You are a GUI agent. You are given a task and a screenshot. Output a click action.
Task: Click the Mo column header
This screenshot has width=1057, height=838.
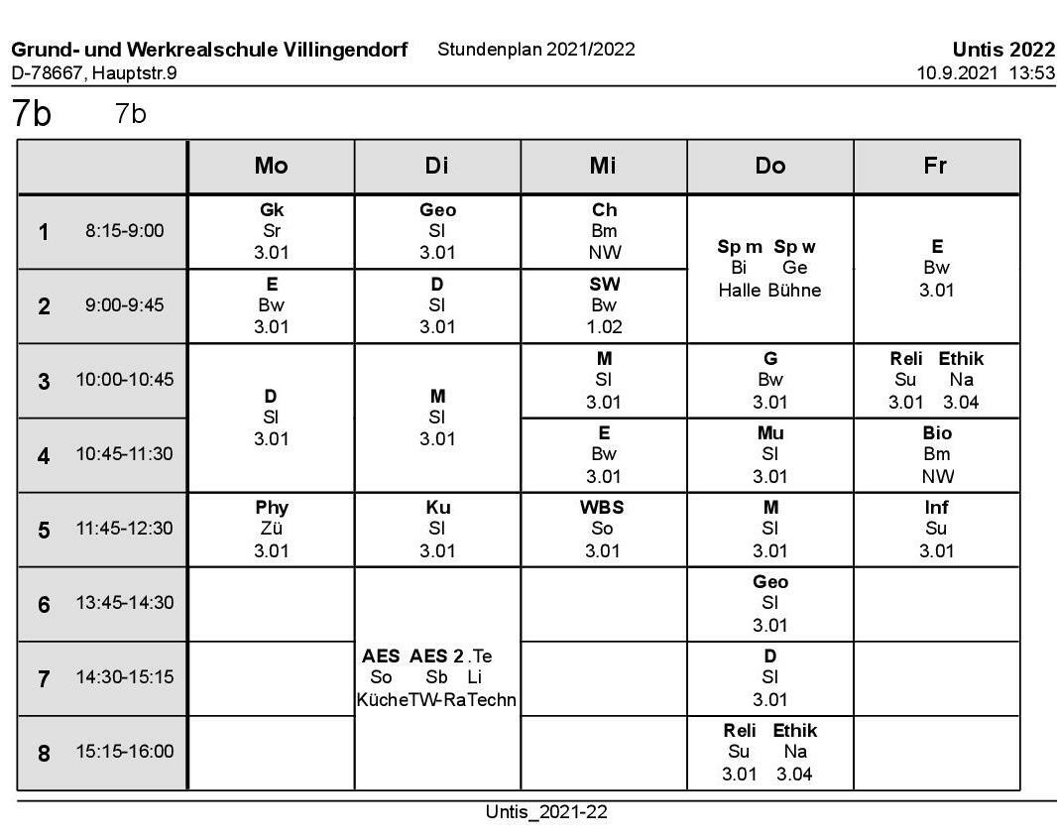coord(271,166)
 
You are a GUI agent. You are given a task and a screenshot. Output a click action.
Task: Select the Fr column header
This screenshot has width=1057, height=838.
coord(935,166)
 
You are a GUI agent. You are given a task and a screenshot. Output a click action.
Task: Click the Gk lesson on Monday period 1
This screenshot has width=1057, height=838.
coord(271,231)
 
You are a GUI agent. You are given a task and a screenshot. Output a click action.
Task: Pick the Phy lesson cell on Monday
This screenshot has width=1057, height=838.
coord(271,529)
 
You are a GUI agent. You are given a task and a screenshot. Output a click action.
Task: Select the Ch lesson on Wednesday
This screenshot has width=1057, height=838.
coord(604,231)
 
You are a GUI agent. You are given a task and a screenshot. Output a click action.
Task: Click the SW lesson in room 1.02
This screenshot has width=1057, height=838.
coord(604,305)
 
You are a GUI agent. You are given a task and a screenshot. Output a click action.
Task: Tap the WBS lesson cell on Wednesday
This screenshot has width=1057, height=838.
coord(603,529)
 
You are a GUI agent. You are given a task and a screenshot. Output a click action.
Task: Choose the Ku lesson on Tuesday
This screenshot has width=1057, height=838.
coord(437,529)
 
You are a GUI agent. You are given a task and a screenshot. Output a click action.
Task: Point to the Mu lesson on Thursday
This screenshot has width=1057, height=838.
coord(770,454)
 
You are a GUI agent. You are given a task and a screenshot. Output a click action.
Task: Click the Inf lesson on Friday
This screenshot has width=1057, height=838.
coord(936,529)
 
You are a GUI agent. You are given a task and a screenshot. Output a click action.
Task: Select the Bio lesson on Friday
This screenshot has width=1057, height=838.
coord(936,454)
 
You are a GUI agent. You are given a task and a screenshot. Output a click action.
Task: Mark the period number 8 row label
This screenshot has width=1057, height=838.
coord(44,753)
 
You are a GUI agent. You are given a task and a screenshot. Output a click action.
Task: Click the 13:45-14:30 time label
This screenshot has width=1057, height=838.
coord(124,603)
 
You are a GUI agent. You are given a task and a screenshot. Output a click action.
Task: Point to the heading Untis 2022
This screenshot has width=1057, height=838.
coord(1003,50)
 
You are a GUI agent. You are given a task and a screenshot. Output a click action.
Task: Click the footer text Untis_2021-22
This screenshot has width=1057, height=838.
coord(546,812)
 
